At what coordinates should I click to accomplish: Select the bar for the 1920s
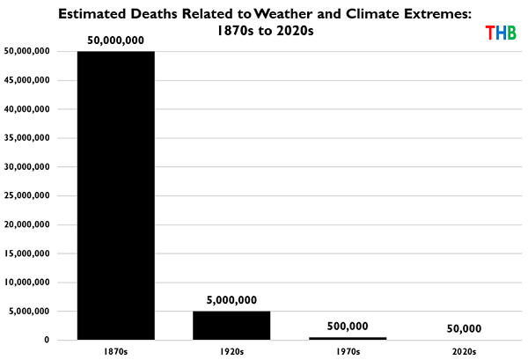click(231, 325)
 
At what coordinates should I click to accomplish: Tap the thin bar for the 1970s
click(347, 338)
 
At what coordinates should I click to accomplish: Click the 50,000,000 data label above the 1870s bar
click(115, 40)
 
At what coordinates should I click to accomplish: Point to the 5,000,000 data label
click(231, 299)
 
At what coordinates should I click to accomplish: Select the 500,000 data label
click(347, 326)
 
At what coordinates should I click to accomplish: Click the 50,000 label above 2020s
click(463, 328)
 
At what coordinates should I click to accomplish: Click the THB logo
click(501, 33)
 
